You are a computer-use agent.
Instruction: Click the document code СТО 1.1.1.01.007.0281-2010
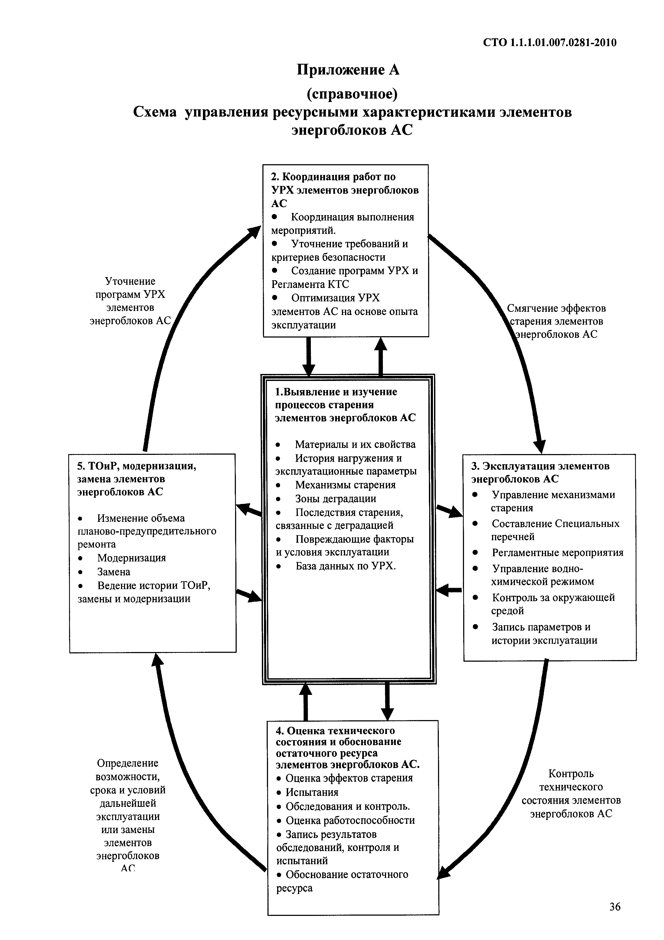coord(549,43)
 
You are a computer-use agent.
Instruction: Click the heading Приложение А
coord(348,70)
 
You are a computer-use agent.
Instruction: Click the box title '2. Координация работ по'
coord(333,177)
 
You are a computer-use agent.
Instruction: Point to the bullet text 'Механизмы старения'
coord(345,485)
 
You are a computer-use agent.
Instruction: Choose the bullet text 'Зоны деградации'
coord(335,499)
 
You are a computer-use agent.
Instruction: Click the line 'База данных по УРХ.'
coord(346,566)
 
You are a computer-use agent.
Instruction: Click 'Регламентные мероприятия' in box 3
coord(558,553)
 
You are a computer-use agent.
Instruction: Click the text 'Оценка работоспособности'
coord(350,821)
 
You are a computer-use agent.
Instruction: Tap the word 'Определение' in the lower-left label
coord(128,763)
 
